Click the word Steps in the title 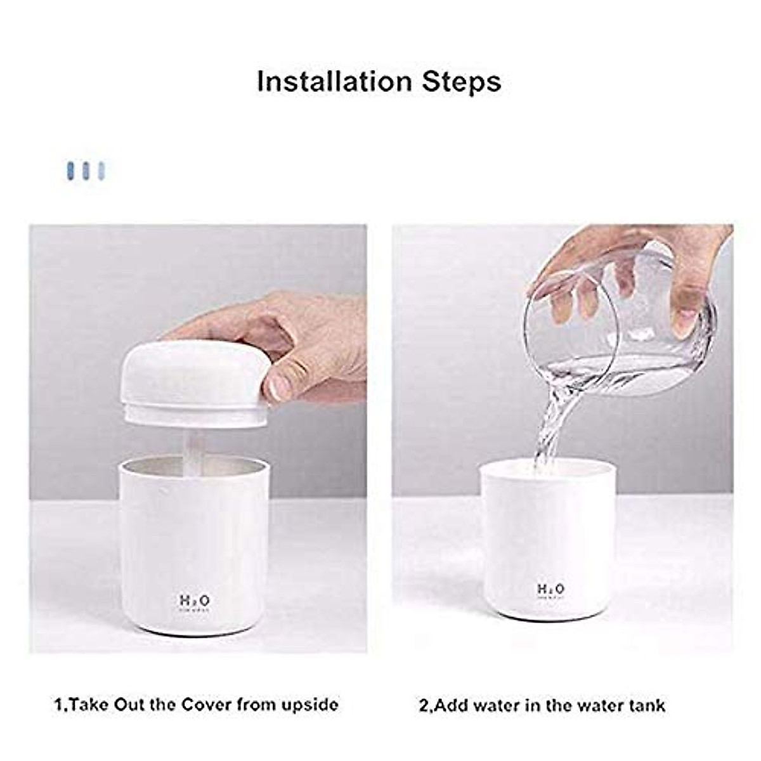tap(462, 82)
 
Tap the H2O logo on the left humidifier tap(193, 600)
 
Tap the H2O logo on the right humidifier tap(550, 589)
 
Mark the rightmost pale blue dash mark tap(101, 171)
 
